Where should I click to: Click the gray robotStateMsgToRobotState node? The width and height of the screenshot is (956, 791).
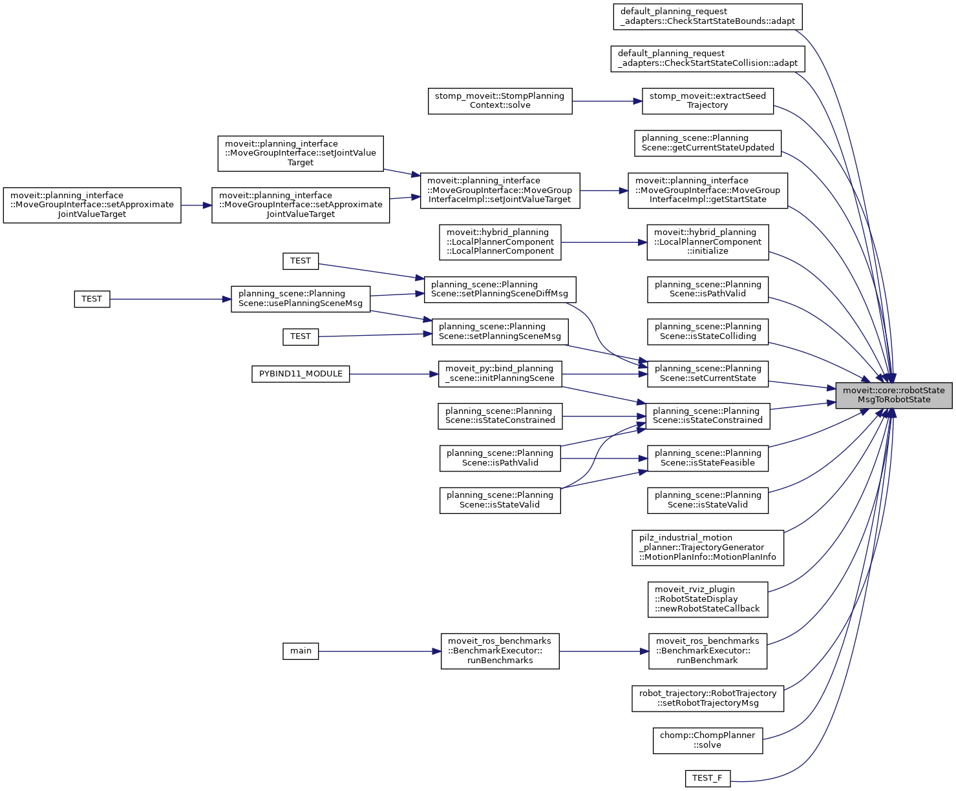893,395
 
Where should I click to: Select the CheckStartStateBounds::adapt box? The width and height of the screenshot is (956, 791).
707,16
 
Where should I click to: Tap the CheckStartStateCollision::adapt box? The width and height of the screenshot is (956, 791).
707,58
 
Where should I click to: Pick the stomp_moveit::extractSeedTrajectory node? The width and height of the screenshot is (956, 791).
707,101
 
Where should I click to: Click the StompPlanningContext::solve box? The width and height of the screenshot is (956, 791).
500,101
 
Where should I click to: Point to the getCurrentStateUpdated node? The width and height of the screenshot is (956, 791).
707,143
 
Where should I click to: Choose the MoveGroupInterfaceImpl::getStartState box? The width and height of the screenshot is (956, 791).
707,190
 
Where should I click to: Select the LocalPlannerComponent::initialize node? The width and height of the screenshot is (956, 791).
707,242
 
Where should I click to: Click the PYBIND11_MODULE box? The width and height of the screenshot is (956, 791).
301,374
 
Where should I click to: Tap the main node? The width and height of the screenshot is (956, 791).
301,651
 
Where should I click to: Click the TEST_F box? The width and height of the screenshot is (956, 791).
707,778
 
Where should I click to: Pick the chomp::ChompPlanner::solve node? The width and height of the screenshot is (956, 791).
707,740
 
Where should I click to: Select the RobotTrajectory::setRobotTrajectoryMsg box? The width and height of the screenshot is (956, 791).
707,698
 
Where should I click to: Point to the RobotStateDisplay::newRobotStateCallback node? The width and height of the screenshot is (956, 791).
707,599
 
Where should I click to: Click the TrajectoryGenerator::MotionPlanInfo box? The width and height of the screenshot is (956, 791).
707,548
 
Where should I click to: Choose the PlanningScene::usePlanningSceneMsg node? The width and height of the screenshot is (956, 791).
301,299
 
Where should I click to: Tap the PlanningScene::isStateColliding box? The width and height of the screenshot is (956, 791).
707,331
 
